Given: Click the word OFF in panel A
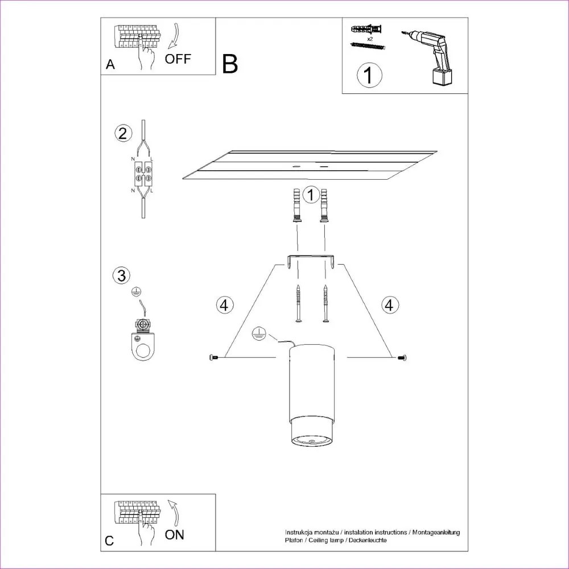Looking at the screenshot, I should [x=178, y=59].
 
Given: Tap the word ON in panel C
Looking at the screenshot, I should [x=175, y=534].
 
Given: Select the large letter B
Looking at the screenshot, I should [x=230, y=64].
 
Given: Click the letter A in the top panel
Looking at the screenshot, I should [x=110, y=65].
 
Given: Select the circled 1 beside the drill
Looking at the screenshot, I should [x=369, y=75].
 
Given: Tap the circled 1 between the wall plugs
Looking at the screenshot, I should [x=311, y=195].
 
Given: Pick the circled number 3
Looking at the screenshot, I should [x=121, y=276].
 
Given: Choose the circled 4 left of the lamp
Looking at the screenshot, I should [x=225, y=305].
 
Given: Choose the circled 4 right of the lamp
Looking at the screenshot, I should [x=389, y=305].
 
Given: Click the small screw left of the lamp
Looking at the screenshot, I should [x=214, y=357].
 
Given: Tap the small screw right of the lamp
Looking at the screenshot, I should [x=402, y=357].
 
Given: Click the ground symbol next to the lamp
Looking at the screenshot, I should [x=258, y=333].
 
